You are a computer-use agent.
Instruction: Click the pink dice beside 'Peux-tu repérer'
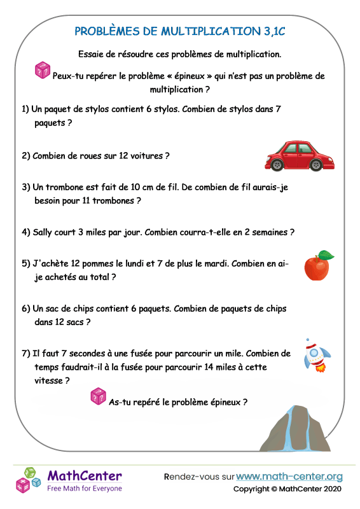pos(42,70)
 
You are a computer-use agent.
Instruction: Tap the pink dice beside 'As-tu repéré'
pos(98,396)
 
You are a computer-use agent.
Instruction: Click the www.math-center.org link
pos(289,476)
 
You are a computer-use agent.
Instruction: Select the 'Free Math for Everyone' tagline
pos(85,488)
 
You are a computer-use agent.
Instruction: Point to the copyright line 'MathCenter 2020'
pos(312,489)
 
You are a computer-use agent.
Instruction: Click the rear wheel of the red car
pos(278,165)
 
